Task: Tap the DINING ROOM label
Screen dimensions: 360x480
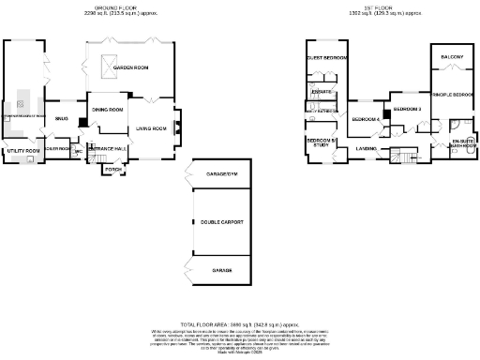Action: pos(108,110)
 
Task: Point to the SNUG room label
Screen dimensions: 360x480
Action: pos(62,119)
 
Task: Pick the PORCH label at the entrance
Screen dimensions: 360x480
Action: pos(113,169)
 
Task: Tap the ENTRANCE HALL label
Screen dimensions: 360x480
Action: pos(107,148)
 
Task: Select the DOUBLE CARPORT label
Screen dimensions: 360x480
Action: pos(221,222)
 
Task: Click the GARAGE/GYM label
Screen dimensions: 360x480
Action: pos(221,173)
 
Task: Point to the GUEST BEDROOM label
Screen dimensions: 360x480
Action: pos(327,58)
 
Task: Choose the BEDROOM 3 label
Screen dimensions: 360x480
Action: pos(407,110)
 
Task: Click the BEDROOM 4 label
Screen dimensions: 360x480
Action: pos(366,119)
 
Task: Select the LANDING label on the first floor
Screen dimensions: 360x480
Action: pos(367,148)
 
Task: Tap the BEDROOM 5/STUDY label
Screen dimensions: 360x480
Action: pos(318,142)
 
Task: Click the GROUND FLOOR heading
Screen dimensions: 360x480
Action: pos(126,10)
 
